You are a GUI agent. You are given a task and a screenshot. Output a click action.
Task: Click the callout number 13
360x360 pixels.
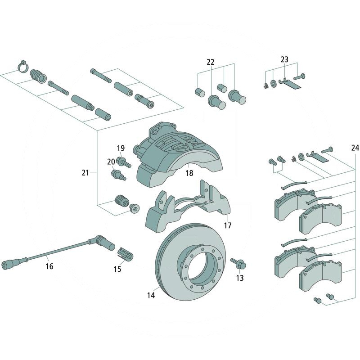pyautogui.click(x=240, y=278)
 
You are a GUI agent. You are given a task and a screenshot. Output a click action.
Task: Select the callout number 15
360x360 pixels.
pyautogui.click(x=117, y=269)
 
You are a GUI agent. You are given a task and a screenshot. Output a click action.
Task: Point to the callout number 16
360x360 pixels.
pyautogui.click(x=49, y=266)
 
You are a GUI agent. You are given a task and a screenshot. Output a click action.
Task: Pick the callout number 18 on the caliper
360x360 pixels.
pyautogui.click(x=189, y=173)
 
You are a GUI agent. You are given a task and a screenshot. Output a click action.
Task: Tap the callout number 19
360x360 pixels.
pyautogui.click(x=121, y=148)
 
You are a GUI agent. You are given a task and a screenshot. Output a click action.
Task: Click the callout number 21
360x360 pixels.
pyautogui.click(x=85, y=172)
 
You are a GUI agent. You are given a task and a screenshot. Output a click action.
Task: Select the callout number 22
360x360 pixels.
pyautogui.click(x=211, y=63)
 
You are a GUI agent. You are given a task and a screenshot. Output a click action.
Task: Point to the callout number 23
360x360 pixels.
pyautogui.click(x=284, y=59)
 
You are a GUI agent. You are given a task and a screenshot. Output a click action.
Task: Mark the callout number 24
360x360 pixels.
pyautogui.click(x=355, y=148)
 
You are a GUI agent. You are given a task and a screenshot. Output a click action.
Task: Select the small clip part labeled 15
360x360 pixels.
pyautogui.click(x=125, y=254)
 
